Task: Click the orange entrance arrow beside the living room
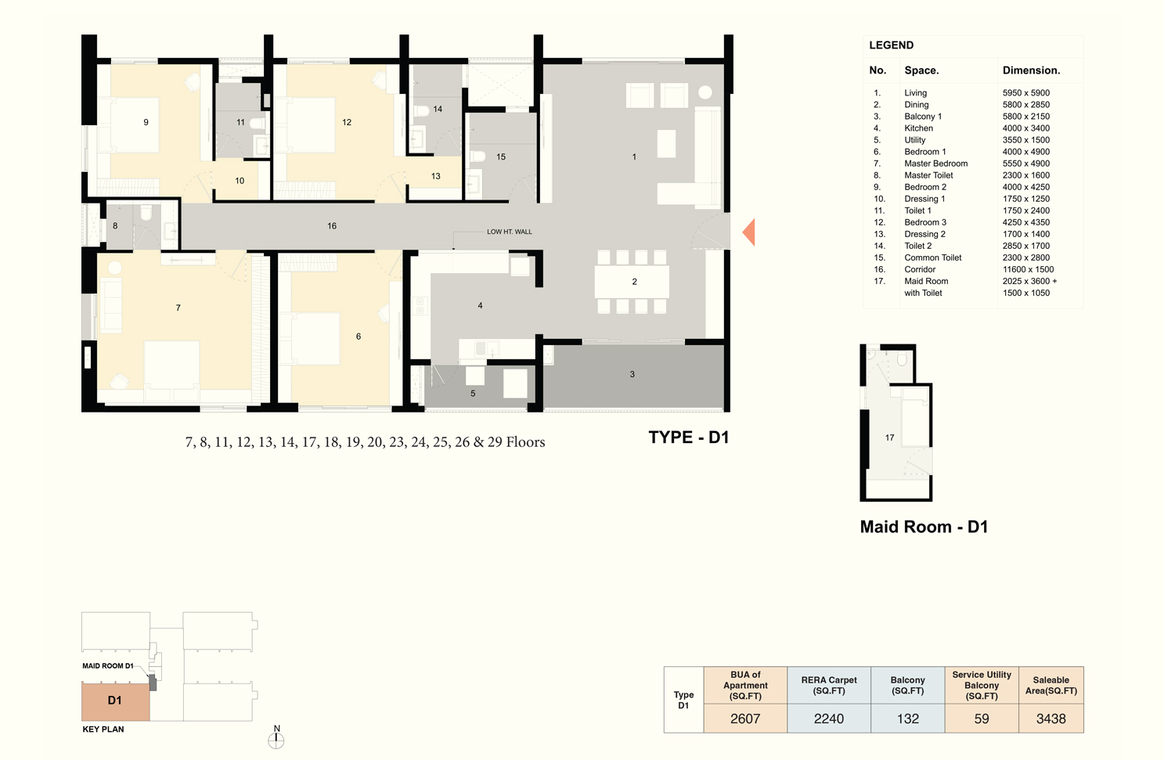(749, 232)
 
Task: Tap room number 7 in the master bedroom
(178, 308)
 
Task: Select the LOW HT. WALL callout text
(510, 232)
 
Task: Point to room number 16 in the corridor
(332, 226)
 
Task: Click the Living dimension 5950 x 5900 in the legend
(1025, 93)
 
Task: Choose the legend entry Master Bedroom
(936, 164)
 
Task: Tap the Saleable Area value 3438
(1050, 719)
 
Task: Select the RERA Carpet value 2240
(829, 719)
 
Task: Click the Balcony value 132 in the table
(908, 719)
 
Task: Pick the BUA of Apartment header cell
(745, 685)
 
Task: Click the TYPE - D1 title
(689, 438)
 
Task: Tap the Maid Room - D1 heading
(924, 527)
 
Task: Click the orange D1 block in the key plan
(115, 701)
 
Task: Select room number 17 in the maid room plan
(889, 438)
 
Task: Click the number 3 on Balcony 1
(632, 374)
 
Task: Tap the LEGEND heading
(891, 45)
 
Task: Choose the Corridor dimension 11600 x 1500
(1028, 269)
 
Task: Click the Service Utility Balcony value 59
(982, 719)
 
